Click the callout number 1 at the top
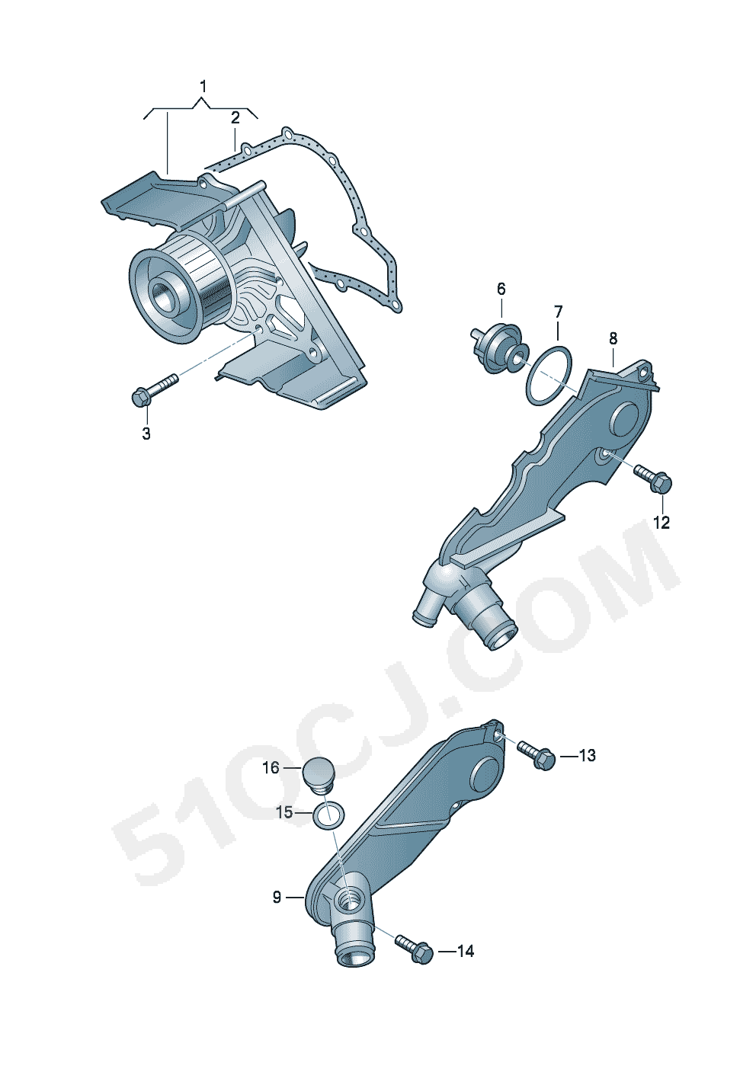203,87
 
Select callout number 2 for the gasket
235,118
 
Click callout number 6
501,289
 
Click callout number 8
613,338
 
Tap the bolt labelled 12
653,478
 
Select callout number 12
661,523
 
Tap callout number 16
271,768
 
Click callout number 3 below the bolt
146,434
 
